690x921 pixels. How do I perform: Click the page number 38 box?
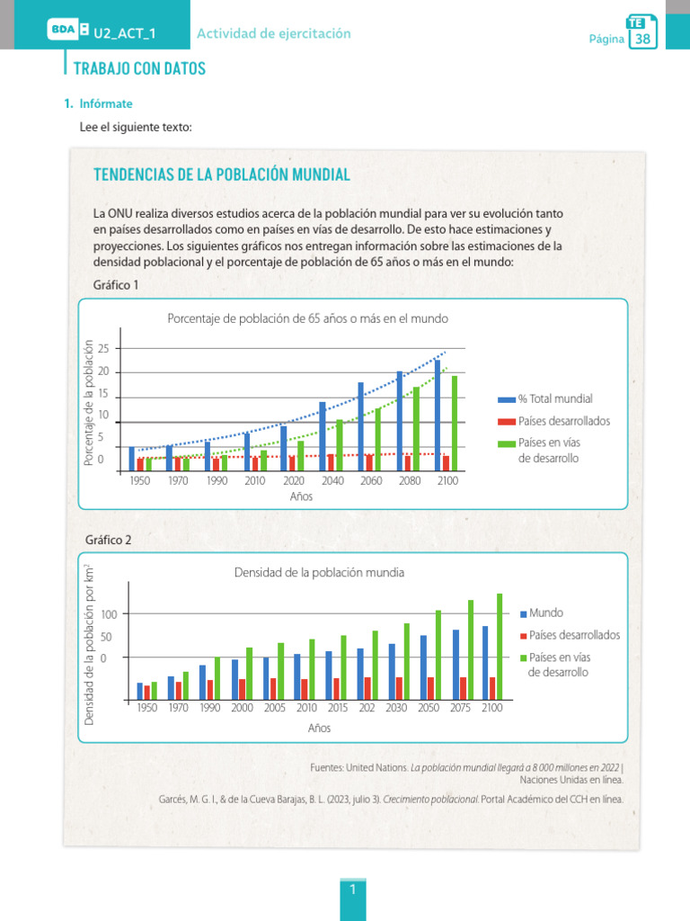coord(642,39)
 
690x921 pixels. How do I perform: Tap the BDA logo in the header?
coord(63,33)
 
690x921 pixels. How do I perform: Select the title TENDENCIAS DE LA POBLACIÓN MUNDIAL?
coord(222,174)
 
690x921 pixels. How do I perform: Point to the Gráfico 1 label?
coord(116,285)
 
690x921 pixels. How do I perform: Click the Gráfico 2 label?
coord(109,540)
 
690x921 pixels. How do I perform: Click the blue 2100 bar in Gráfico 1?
coord(438,415)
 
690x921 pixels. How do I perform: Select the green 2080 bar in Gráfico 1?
coord(416,428)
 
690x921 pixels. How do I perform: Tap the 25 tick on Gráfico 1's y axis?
coord(102,349)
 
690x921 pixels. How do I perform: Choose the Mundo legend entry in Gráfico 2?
coord(545,613)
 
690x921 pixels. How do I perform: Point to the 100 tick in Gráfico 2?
coord(109,614)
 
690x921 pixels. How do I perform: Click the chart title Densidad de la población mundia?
coord(319,572)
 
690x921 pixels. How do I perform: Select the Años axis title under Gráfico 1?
coord(301,497)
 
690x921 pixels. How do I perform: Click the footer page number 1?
coord(353,890)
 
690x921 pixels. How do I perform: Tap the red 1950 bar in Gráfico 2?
coord(147,692)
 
